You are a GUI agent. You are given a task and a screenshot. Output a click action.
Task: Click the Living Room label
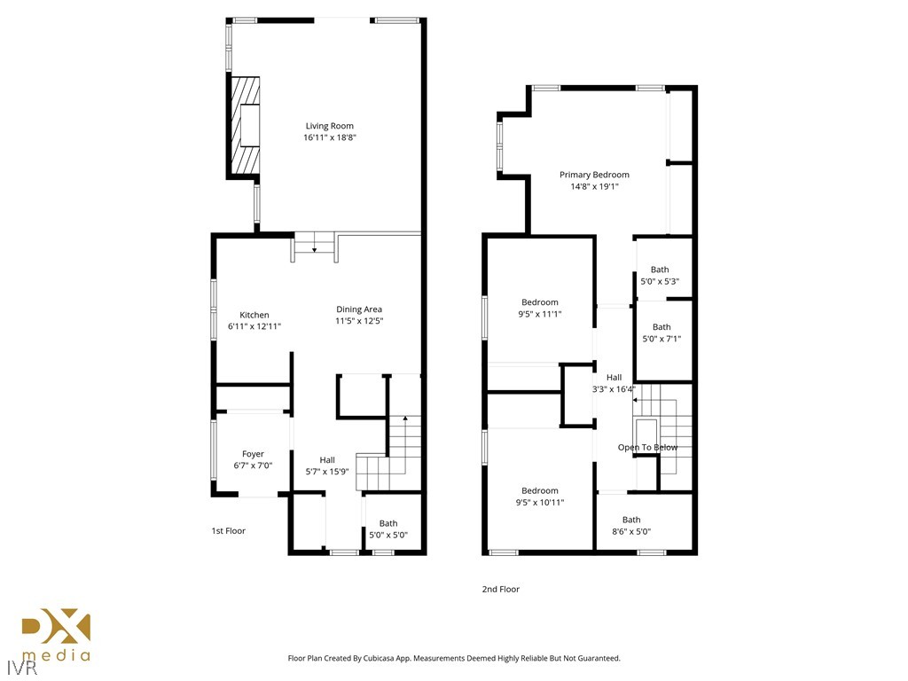click(x=329, y=126)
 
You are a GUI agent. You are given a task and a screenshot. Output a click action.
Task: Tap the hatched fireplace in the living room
click(x=247, y=125)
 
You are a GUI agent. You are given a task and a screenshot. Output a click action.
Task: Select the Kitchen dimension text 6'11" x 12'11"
click(x=254, y=326)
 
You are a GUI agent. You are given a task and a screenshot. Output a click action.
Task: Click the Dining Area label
click(x=359, y=309)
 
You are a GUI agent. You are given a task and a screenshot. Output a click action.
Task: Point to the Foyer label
click(x=253, y=454)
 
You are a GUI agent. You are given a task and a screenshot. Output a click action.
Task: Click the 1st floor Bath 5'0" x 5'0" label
click(x=387, y=523)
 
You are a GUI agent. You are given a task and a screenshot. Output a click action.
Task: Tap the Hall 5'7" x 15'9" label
click(x=327, y=459)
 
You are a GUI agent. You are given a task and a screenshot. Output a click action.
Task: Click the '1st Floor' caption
click(x=228, y=531)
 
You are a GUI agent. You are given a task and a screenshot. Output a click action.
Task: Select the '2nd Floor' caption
click(x=501, y=589)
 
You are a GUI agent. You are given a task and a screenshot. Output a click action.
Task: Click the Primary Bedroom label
click(x=594, y=175)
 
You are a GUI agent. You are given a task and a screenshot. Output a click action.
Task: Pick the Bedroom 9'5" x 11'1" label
click(x=540, y=302)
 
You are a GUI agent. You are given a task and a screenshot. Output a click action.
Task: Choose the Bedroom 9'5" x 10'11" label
click(x=540, y=490)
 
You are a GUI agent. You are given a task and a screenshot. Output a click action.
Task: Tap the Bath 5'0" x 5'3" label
click(x=660, y=270)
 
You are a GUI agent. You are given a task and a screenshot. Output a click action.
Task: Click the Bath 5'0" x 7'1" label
click(x=661, y=327)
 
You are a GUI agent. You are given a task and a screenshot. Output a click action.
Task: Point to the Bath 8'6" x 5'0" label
click(x=631, y=521)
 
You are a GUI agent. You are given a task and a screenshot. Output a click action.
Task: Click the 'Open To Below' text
click(x=647, y=448)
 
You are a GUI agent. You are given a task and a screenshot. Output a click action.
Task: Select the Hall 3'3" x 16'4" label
click(x=614, y=378)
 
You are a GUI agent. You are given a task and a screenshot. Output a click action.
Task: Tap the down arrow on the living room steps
click(x=315, y=247)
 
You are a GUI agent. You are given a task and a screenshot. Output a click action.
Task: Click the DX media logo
click(x=56, y=635)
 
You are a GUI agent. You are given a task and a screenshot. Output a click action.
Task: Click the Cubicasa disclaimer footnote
click(x=454, y=658)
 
